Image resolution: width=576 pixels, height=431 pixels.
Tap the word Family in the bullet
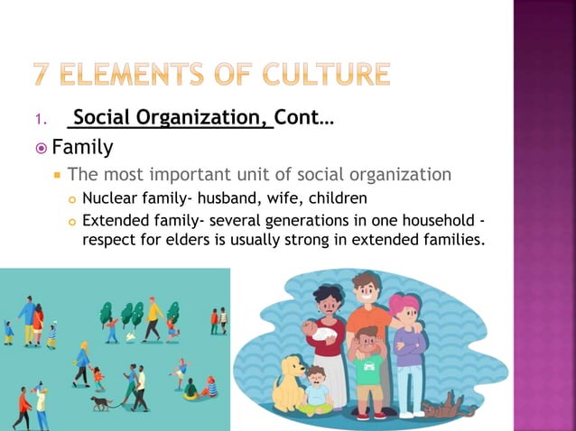pos(82,147)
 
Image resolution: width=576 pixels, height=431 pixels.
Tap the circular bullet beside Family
pos(41,148)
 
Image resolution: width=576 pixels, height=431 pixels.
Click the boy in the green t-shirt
pos(367,361)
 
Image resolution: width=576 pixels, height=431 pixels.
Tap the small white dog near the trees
pos(130,337)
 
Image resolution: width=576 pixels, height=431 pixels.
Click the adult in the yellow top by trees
pos(153,317)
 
